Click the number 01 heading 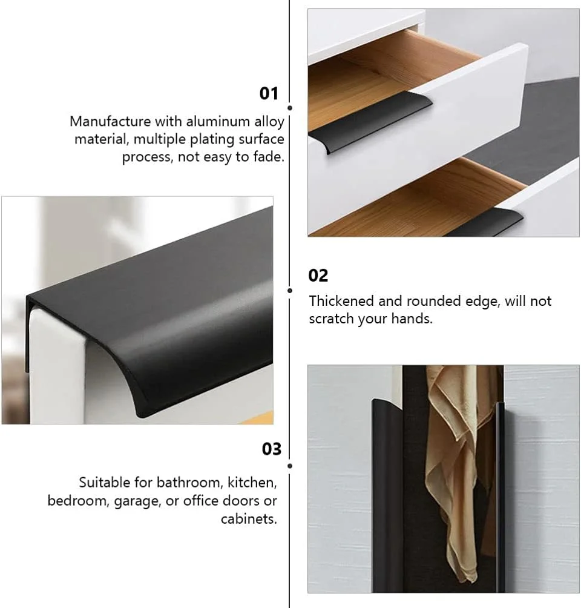269,94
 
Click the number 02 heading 318,276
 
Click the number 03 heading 271,449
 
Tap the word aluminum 218,121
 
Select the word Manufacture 110,121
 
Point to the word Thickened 341,301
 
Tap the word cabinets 249,519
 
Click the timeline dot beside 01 290,108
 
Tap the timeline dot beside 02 290,291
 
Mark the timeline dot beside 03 290,466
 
